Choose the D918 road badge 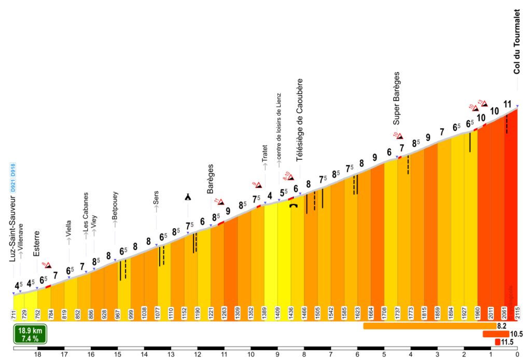(x=13, y=170)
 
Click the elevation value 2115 (x=517, y=314)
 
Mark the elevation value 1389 (x=264, y=314)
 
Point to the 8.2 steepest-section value (x=501, y=326)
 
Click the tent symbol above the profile (x=188, y=197)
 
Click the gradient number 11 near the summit (x=507, y=104)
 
